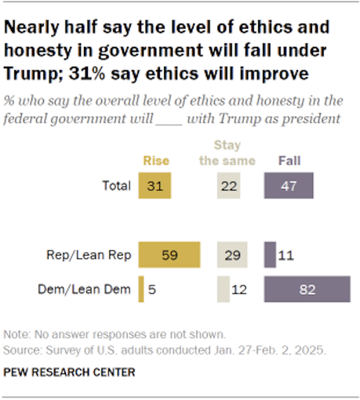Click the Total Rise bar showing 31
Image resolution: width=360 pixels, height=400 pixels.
(x=155, y=186)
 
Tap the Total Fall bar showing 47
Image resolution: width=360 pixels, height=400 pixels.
(x=289, y=186)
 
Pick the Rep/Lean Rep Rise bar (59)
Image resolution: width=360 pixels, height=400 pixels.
(x=170, y=256)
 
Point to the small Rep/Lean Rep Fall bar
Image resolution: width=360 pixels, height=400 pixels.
(x=270, y=256)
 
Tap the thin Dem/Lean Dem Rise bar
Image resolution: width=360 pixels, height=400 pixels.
(x=141, y=289)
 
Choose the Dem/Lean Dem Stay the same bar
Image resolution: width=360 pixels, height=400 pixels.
(x=224, y=289)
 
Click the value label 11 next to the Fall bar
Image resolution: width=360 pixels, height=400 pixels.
(x=285, y=256)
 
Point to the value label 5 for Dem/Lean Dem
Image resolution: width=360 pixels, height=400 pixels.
(x=152, y=289)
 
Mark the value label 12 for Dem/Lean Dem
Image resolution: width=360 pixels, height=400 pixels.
(x=242, y=289)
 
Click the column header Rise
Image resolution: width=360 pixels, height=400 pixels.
(x=154, y=161)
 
